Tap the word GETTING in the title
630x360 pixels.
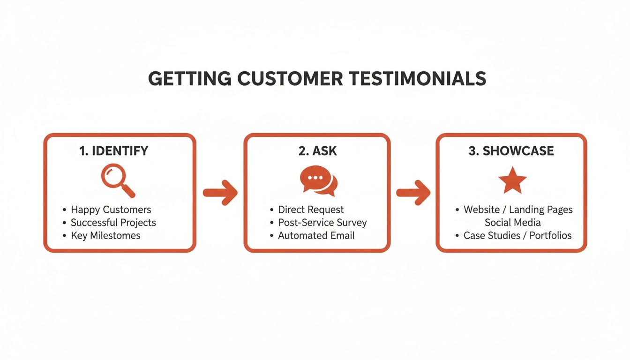coord(189,79)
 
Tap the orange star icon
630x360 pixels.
coord(512,180)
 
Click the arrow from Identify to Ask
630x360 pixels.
coord(220,192)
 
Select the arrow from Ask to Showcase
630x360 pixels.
coord(413,192)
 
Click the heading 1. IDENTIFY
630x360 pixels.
coord(113,151)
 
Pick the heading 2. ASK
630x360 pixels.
coord(317,151)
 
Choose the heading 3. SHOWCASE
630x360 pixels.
coord(511,151)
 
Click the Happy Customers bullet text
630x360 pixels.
coord(111,210)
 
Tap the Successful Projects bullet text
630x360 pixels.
coord(113,223)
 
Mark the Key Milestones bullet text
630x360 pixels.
coord(105,235)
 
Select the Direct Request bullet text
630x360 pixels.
coord(311,210)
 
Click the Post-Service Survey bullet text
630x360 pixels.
coord(322,223)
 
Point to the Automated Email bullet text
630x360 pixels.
coord(316,235)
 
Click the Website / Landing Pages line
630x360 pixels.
coord(518,210)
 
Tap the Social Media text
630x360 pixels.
coord(512,223)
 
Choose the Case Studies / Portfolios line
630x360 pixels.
coord(517,235)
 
